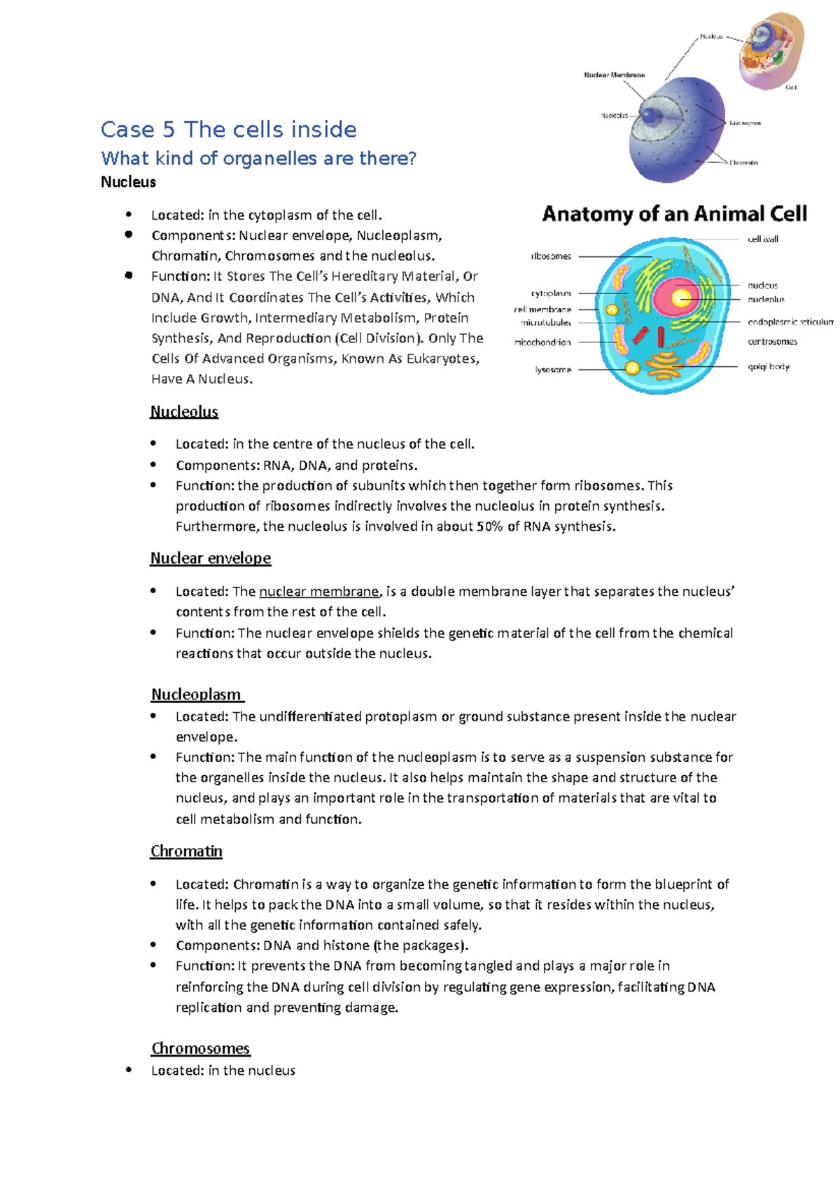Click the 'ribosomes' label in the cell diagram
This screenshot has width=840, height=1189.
click(551, 256)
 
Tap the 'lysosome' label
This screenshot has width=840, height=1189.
click(553, 370)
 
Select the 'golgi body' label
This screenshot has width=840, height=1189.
click(768, 367)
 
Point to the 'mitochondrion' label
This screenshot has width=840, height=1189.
click(542, 342)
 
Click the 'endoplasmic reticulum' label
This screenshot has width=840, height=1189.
click(790, 322)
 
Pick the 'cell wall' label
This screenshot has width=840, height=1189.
click(762, 239)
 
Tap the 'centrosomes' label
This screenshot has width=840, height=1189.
click(772, 342)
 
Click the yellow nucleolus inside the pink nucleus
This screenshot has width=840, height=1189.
click(680, 298)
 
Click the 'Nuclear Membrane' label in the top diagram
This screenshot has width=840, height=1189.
click(614, 75)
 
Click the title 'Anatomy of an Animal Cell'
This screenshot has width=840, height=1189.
click(674, 214)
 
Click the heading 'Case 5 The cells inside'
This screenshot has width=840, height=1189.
click(228, 130)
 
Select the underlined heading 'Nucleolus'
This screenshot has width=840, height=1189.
click(184, 412)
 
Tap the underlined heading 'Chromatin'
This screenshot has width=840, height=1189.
click(186, 851)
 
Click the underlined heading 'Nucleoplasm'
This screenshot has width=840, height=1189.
click(196, 695)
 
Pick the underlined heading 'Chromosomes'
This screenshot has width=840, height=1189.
click(200, 1048)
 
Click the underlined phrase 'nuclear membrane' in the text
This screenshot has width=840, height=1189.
click(319, 592)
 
